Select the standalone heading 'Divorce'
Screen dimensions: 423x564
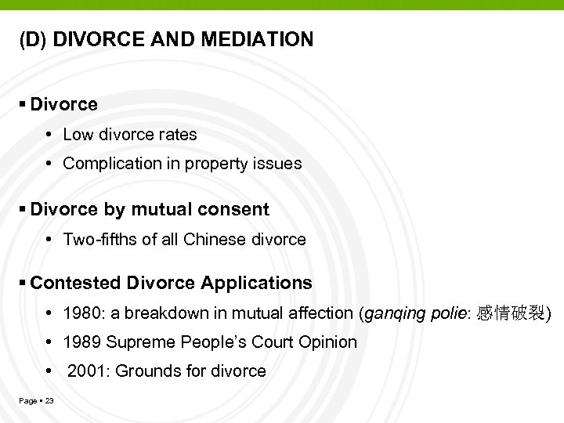(x=63, y=104)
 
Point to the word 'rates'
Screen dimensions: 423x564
(x=178, y=135)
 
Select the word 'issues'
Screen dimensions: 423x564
(x=280, y=164)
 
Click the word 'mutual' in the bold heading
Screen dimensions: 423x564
(x=160, y=210)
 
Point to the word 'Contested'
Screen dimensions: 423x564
(x=76, y=283)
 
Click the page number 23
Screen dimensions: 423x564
(x=49, y=401)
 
